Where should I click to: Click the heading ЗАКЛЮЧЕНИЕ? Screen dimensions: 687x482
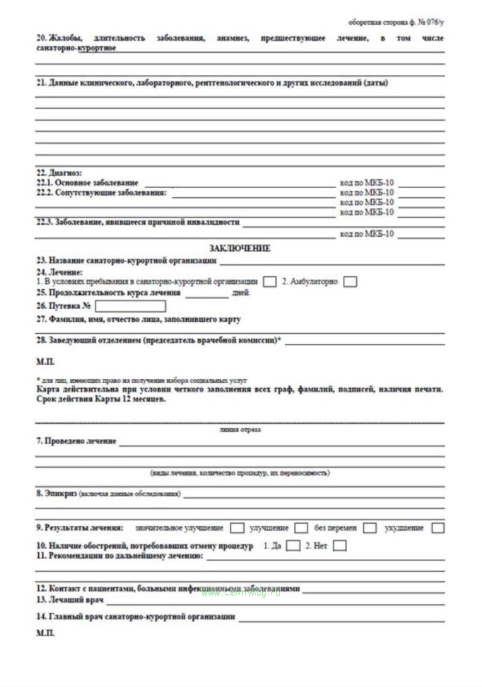point(240,248)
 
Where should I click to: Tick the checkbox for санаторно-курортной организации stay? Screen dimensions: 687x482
point(270,282)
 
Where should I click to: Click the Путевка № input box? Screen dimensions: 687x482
point(130,306)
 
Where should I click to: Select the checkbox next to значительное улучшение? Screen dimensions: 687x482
point(237,528)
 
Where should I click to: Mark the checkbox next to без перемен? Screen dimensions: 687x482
point(370,528)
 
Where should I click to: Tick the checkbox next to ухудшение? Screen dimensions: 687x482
point(438,528)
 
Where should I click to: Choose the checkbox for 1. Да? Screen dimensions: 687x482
point(293,545)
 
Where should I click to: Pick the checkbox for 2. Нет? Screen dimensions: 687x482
point(339,545)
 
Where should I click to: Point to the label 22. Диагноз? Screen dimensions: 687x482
point(59,173)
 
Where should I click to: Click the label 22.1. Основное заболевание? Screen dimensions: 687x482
point(87,183)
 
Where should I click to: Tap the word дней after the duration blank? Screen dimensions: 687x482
point(241,293)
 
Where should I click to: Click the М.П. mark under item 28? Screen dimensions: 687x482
point(45,362)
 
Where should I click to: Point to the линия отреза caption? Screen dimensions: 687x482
point(240,430)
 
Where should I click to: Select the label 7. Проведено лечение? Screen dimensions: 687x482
point(76,441)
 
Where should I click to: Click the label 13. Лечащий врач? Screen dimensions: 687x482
point(70,600)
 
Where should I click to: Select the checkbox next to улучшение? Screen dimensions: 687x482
point(301,528)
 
